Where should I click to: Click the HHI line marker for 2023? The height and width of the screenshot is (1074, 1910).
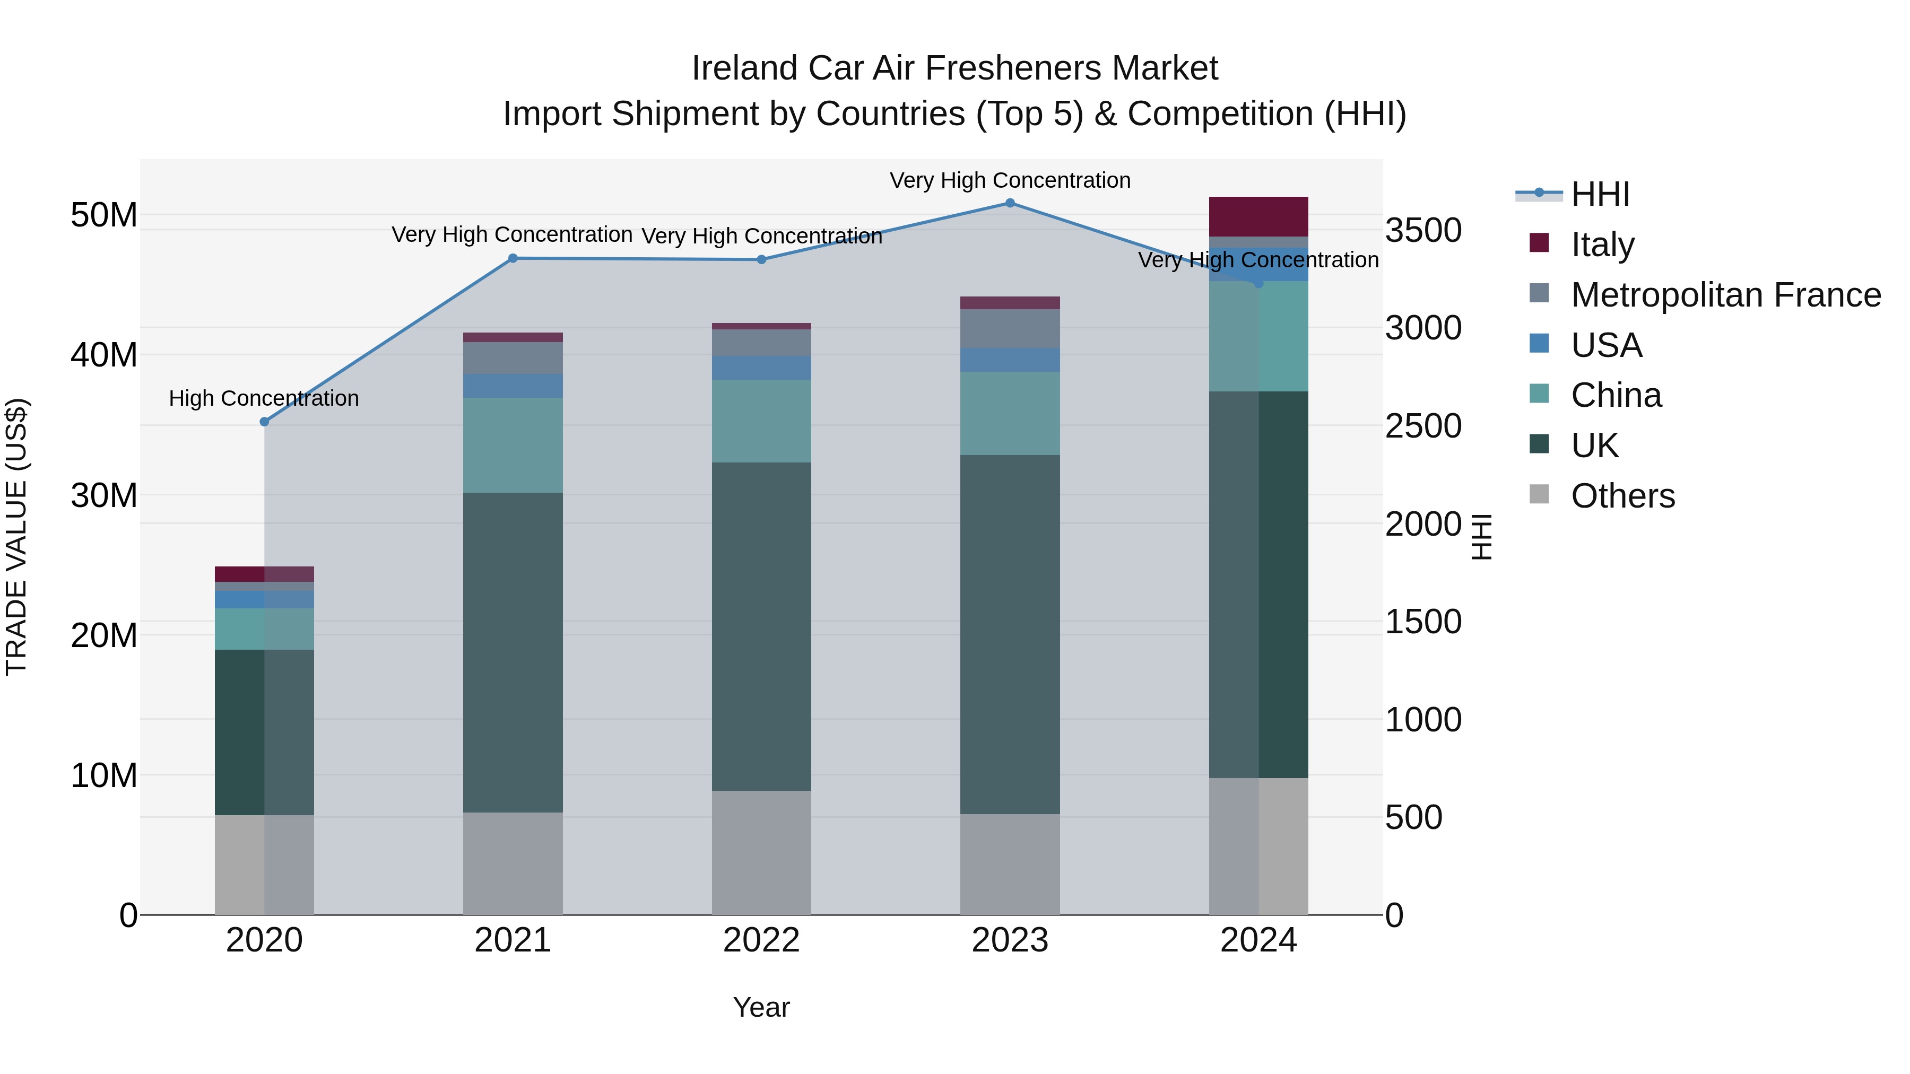pos(1010,203)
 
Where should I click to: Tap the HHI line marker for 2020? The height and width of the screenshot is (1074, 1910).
pos(265,422)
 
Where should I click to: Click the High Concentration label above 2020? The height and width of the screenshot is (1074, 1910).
pos(264,399)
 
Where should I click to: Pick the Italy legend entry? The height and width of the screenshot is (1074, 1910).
pos(1602,245)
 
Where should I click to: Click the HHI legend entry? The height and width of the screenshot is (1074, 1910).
pos(1599,194)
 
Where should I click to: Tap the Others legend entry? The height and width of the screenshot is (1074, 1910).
pos(1622,496)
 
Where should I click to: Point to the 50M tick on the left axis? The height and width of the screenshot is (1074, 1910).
pos(104,216)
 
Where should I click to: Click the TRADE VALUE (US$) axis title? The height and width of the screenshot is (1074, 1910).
pos(17,537)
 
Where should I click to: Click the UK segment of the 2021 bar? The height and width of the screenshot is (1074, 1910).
pos(513,652)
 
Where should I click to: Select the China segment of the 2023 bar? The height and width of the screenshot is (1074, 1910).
pos(1010,414)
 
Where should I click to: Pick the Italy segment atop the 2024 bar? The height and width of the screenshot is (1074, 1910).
pos(1258,216)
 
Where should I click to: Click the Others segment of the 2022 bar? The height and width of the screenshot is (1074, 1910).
pos(761,852)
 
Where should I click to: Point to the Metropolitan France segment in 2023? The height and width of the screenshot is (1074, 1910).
pos(1010,328)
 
